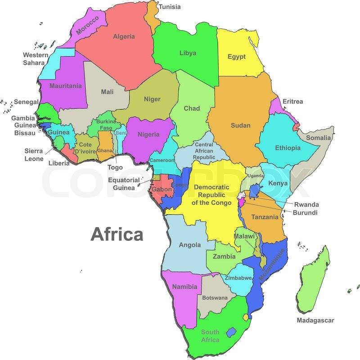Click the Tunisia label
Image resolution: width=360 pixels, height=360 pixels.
click(x=169, y=7)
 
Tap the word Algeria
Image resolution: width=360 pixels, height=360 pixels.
click(x=124, y=36)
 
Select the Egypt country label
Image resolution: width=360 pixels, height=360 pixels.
click(x=236, y=57)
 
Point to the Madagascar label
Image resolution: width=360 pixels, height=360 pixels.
click(x=315, y=320)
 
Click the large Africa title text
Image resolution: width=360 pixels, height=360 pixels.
click(x=117, y=234)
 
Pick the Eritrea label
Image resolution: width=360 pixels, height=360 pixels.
click(x=292, y=101)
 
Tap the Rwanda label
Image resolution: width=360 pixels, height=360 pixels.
click(x=306, y=204)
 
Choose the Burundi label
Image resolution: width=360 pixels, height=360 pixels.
click(x=305, y=212)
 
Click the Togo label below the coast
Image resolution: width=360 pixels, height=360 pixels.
click(x=115, y=167)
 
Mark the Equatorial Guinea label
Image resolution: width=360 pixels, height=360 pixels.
click(x=124, y=184)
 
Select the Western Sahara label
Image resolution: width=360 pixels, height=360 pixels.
click(x=36, y=59)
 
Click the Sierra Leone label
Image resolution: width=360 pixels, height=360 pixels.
click(x=34, y=155)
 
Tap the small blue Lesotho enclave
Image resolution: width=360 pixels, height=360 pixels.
click(x=231, y=333)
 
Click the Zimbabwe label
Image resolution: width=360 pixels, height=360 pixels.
click(x=238, y=278)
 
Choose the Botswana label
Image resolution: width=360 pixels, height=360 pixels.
click(x=215, y=298)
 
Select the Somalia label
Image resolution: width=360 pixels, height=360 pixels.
click(x=319, y=138)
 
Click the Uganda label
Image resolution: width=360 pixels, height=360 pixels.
click(x=256, y=175)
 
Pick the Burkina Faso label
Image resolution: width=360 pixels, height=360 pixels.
click(x=106, y=125)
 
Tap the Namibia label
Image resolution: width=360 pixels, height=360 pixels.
click(x=185, y=287)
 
